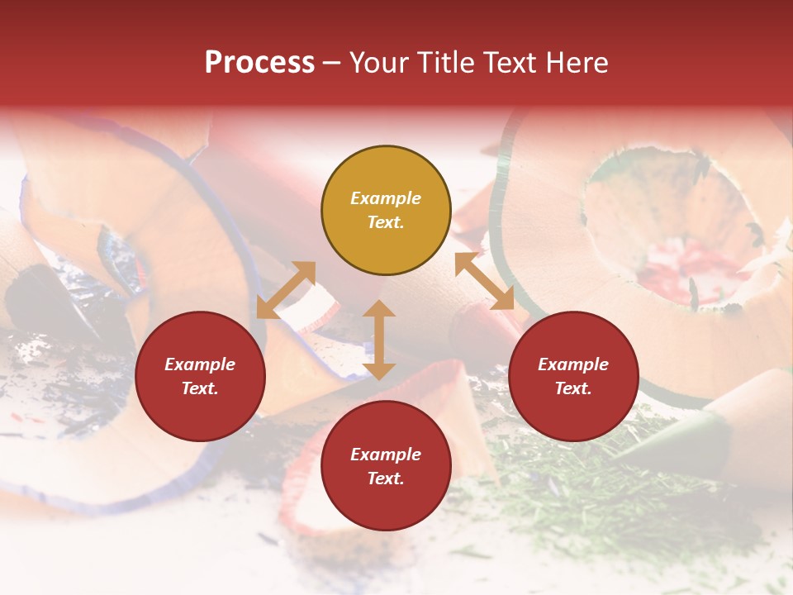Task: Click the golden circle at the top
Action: [386, 211]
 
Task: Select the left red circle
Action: [200, 377]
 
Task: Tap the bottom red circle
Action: [386, 466]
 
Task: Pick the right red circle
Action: [573, 377]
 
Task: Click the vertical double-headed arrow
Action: [379, 340]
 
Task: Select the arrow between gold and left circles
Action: [286, 290]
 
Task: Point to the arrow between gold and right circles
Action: [484, 281]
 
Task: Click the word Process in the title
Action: [259, 62]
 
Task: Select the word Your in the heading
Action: [380, 62]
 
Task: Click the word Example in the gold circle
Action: [386, 198]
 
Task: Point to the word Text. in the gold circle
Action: [386, 222]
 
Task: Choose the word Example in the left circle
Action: [200, 364]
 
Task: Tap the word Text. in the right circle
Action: [573, 388]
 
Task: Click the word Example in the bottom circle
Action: [386, 455]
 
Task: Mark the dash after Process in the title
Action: [331, 63]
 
